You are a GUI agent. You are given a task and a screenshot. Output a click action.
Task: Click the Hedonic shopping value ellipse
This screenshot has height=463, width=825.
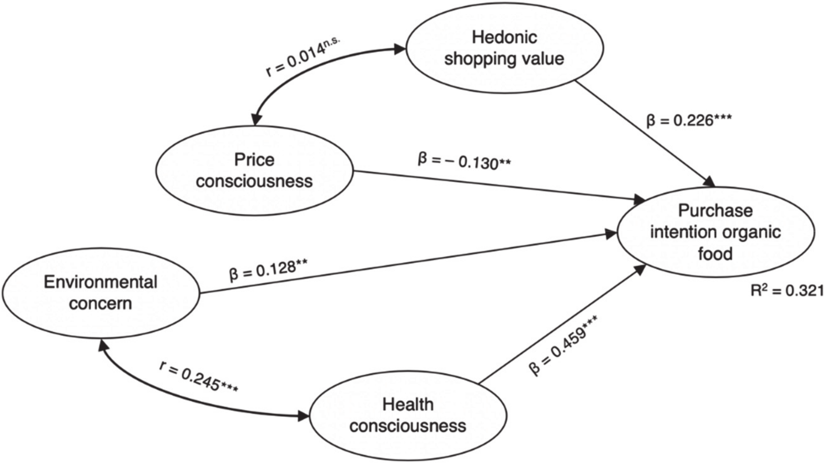(x=504, y=48)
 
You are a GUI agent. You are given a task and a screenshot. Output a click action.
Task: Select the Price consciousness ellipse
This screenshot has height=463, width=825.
(x=254, y=170)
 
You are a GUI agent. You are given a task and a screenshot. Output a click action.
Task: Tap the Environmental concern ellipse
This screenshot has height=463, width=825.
(x=101, y=293)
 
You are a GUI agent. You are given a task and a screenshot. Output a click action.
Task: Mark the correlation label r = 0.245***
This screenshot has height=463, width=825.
(x=199, y=381)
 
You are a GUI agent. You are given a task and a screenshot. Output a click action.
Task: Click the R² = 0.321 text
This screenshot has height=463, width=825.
(x=787, y=291)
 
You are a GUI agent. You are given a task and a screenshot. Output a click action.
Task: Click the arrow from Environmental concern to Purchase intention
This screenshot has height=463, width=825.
(x=402, y=264)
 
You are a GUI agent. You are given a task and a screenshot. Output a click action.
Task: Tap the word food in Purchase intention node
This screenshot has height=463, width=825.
(x=715, y=254)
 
